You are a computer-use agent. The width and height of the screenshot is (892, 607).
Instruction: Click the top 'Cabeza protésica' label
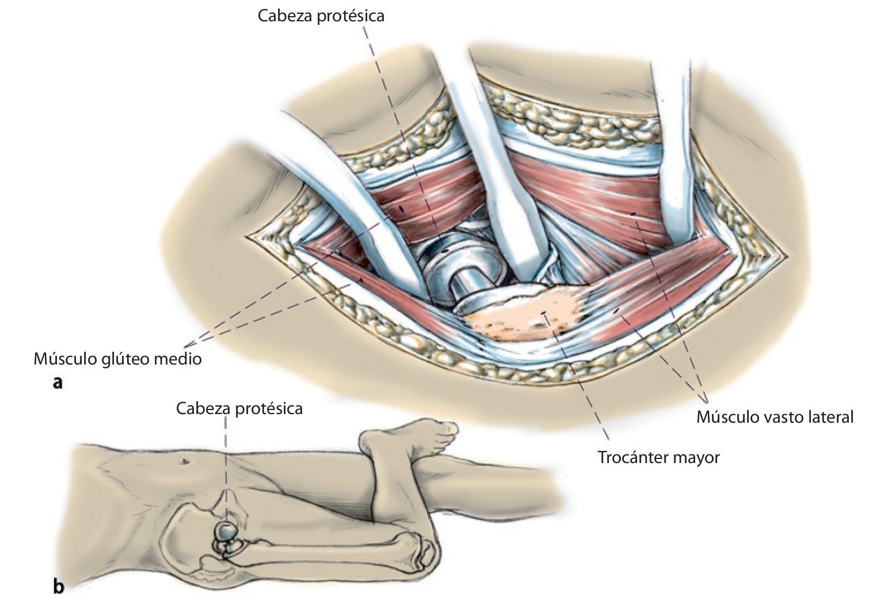pos(321,16)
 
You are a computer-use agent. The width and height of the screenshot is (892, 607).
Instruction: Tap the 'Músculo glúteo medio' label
pos(118,359)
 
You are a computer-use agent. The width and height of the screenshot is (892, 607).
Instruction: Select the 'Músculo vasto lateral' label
pos(775,416)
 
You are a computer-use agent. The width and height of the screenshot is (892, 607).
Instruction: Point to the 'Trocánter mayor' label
pos(659,457)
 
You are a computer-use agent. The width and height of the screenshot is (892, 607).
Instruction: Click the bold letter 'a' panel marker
pos(57,382)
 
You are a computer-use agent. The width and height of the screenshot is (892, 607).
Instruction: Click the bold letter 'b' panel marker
pos(58,586)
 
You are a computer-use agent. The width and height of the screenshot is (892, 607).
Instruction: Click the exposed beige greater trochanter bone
pos(529,316)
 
